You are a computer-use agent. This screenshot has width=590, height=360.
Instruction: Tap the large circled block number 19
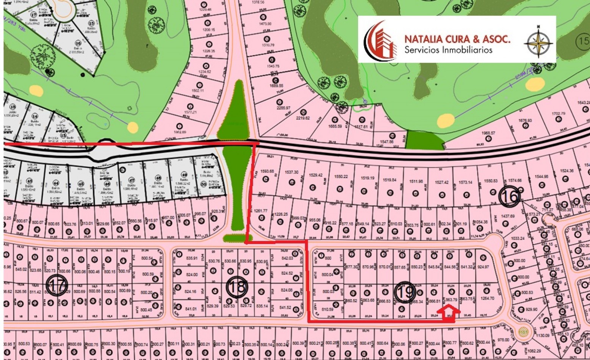(405, 292)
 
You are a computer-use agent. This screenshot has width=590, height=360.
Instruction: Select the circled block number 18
(237, 287)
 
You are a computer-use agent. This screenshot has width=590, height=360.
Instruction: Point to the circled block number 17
(57, 285)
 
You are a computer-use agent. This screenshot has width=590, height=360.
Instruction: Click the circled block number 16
(509, 197)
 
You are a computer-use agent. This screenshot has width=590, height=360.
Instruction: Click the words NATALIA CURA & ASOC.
(457, 39)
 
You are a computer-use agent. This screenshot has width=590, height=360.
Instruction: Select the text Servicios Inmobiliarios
(448, 50)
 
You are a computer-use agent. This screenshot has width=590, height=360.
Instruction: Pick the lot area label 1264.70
(487, 298)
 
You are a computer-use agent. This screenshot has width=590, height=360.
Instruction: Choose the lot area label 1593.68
(267, 171)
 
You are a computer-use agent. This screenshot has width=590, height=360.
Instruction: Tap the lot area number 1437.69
(509, 216)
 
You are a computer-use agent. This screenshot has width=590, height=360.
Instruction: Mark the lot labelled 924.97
(483, 267)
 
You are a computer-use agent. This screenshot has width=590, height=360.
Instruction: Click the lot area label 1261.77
(260, 211)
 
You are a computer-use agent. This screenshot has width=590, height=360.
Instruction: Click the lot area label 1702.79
(559, 113)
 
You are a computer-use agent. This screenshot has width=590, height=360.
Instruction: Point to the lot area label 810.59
(327, 310)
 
